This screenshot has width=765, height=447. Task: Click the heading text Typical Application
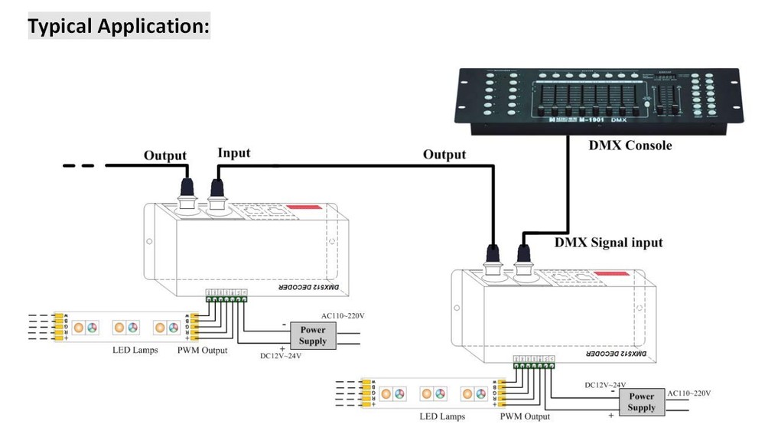tap(119, 25)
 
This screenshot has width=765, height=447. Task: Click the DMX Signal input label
tap(608, 243)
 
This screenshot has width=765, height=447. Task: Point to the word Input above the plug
tap(233, 153)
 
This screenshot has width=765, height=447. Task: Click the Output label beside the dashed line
tap(164, 155)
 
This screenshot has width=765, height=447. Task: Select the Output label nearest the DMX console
tap(444, 155)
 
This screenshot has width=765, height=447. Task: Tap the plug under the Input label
tap(217, 188)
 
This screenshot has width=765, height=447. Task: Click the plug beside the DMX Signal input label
tap(525, 253)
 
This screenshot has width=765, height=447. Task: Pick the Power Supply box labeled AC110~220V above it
tap(313, 335)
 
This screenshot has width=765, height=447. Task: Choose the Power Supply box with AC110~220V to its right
tap(641, 401)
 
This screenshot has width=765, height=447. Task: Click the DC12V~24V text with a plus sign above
tap(281, 355)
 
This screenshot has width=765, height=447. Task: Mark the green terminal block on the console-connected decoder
tap(533, 366)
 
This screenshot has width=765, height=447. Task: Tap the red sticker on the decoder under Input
tap(304, 209)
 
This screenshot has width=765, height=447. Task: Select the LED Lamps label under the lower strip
tap(442, 417)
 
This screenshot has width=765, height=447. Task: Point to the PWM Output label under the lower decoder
tap(525, 417)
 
